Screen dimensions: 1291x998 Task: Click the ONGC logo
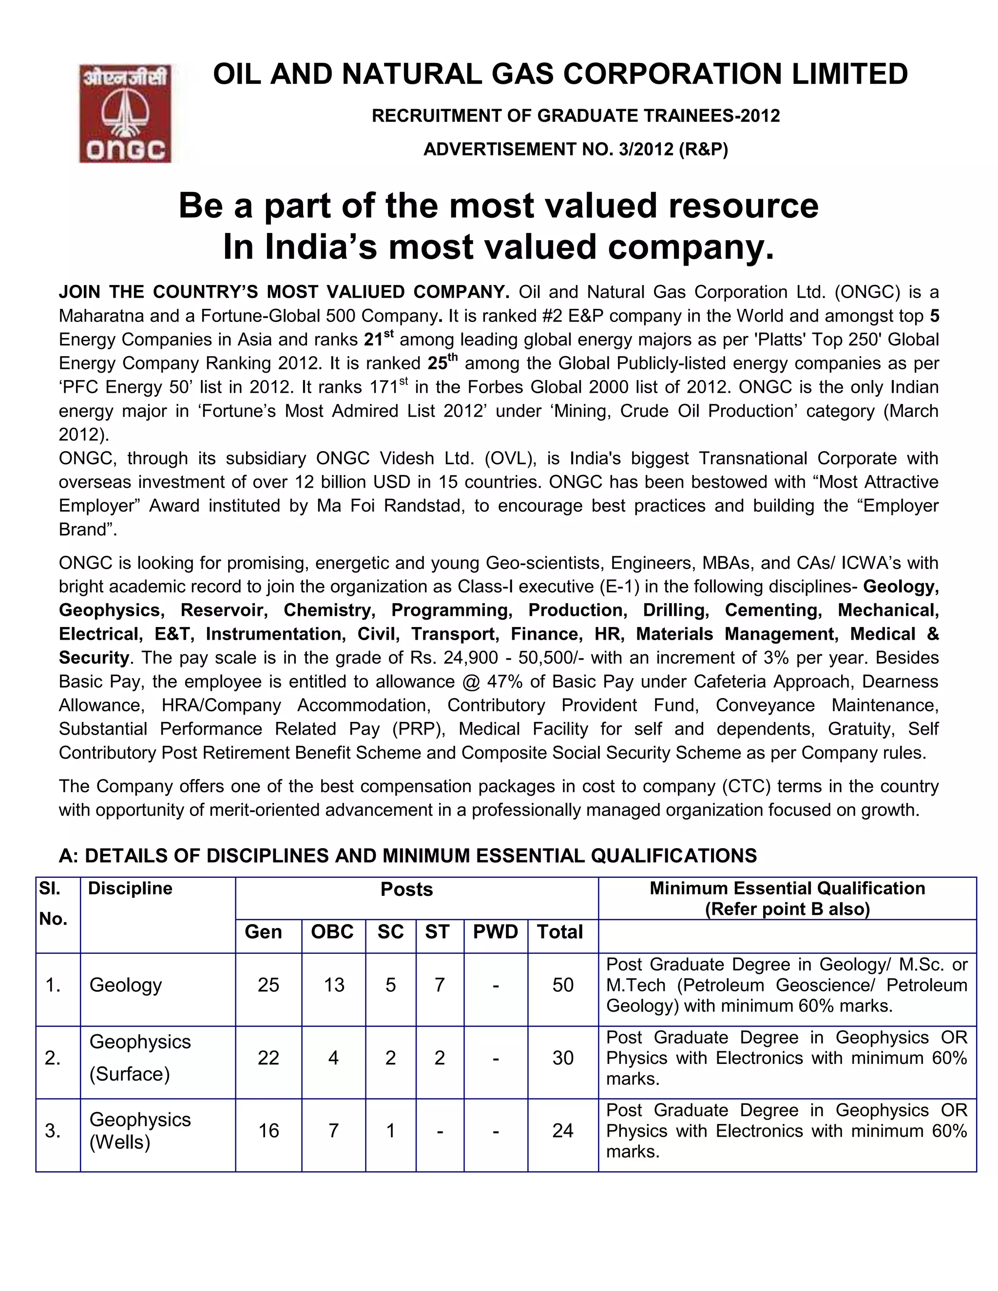tap(125, 114)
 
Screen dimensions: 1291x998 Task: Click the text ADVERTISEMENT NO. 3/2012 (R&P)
tap(576, 150)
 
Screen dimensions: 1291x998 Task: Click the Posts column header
tap(406, 890)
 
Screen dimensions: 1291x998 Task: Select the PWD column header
tap(495, 932)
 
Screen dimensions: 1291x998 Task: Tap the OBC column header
tap(332, 932)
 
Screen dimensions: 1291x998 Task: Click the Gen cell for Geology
tap(268, 985)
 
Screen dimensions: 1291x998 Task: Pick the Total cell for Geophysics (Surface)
tap(562, 1058)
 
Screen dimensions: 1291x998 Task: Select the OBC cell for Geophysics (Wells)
tap(333, 1131)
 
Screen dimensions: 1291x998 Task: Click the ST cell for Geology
tap(439, 985)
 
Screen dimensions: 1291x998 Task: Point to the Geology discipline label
tap(125, 985)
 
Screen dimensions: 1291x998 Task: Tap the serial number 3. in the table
tap(53, 1131)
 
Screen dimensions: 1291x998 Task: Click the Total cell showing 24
tap(562, 1131)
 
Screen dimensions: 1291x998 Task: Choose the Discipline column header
tap(130, 889)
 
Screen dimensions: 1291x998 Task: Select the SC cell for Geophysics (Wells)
tap(390, 1131)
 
